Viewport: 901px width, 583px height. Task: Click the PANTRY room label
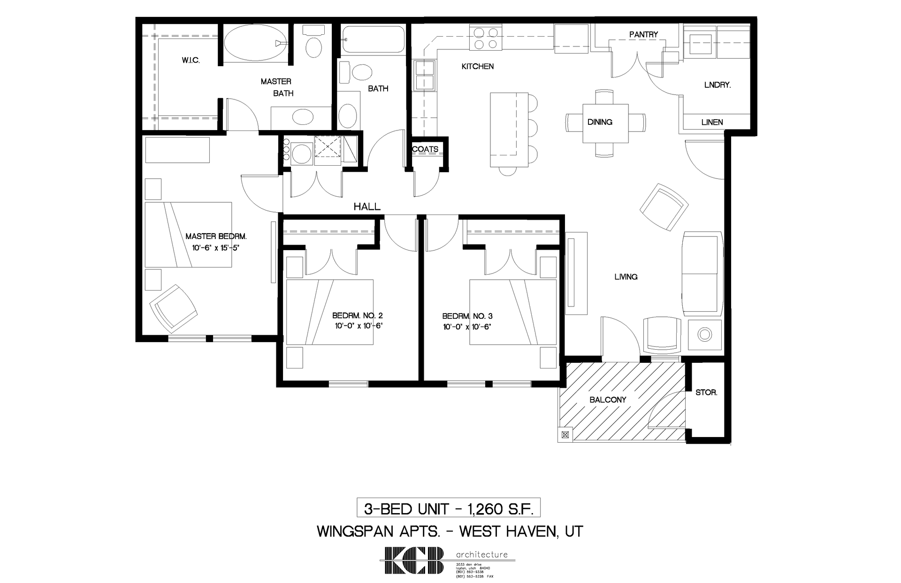coord(643,34)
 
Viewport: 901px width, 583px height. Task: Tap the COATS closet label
coord(425,149)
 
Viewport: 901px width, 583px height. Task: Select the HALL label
coord(367,207)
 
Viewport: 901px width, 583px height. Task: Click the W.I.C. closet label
coord(191,61)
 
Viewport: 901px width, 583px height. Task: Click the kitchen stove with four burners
coord(486,38)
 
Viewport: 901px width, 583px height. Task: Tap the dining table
coord(605,123)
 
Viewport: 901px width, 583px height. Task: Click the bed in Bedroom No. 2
coord(329,312)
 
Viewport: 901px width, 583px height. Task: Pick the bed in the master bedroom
coord(188,235)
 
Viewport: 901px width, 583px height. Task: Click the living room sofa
coord(702,273)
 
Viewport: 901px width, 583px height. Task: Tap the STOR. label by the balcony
coord(706,392)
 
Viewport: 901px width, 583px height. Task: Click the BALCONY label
coord(608,400)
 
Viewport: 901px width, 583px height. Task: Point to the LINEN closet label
coord(712,123)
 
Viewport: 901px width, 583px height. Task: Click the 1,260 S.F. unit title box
coord(449,508)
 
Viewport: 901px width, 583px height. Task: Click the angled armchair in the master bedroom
coord(173,307)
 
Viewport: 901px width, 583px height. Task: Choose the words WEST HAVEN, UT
coord(521,531)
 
